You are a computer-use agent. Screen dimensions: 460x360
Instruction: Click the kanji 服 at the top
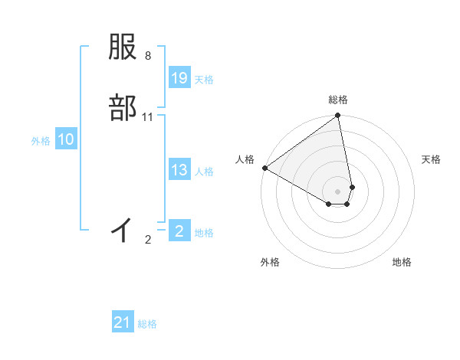coord(123,48)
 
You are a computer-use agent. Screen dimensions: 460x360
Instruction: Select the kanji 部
coord(123,107)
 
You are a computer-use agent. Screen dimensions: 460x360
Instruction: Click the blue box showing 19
coord(179,78)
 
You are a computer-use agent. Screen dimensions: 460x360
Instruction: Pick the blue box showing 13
coord(179,170)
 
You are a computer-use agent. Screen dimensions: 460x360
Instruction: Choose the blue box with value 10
coord(66,139)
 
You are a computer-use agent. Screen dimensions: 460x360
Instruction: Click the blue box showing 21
coord(123,322)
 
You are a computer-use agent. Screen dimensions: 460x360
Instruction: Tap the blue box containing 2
coord(179,231)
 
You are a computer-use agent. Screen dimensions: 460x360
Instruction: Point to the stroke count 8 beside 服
coord(148,56)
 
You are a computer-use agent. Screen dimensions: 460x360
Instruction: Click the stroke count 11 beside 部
coord(148,117)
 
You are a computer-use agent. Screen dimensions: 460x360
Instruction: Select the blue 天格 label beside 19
coord(204,80)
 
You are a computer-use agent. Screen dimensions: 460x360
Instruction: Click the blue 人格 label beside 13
coord(204,172)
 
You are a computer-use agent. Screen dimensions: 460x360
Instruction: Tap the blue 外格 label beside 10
coord(41,141)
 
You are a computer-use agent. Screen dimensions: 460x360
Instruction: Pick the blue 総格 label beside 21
coord(147,324)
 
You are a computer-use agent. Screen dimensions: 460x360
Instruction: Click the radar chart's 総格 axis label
coord(338,100)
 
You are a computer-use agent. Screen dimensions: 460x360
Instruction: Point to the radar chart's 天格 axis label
coord(431,159)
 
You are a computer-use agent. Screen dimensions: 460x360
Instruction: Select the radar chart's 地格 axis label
coord(402,262)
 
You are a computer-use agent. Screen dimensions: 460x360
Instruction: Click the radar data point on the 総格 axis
coord(338,116)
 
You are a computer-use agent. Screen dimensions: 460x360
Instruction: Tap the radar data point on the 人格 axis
coord(264,168)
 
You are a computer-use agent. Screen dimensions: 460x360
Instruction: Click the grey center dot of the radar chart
coord(338,191)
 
